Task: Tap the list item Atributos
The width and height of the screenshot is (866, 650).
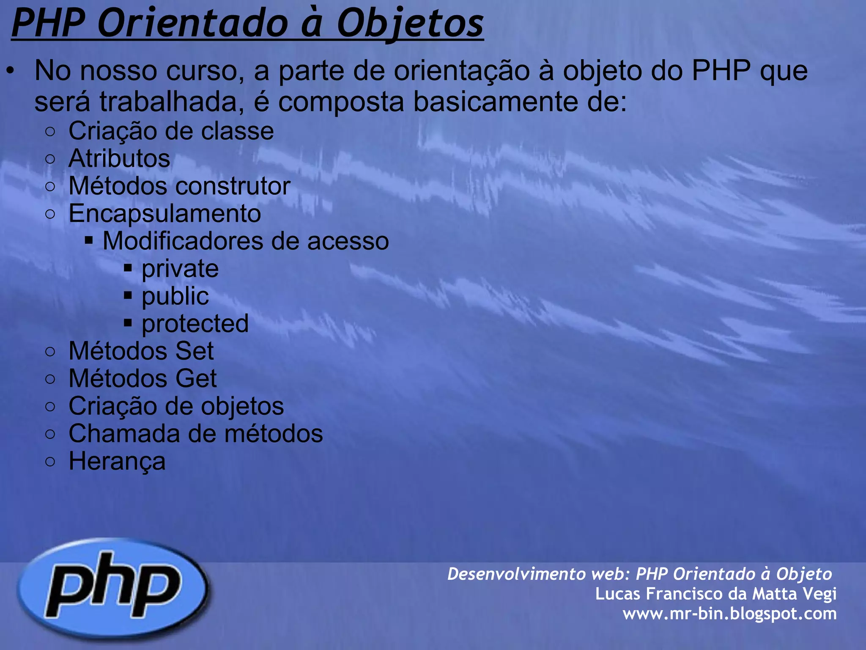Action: tap(119, 159)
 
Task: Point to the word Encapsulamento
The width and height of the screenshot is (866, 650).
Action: tap(164, 214)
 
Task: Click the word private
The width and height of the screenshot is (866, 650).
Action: tap(180, 269)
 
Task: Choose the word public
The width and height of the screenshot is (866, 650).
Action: tap(175, 296)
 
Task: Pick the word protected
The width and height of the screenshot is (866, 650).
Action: tap(195, 324)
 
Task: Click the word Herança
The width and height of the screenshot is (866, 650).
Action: tap(117, 461)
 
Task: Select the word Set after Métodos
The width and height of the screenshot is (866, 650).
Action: tap(195, 351)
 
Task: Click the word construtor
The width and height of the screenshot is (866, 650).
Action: tap(233, 186)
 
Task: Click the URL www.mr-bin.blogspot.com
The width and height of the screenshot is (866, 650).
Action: tap(729, 614)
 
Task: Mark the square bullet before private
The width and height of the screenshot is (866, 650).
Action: tap(128, 268)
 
